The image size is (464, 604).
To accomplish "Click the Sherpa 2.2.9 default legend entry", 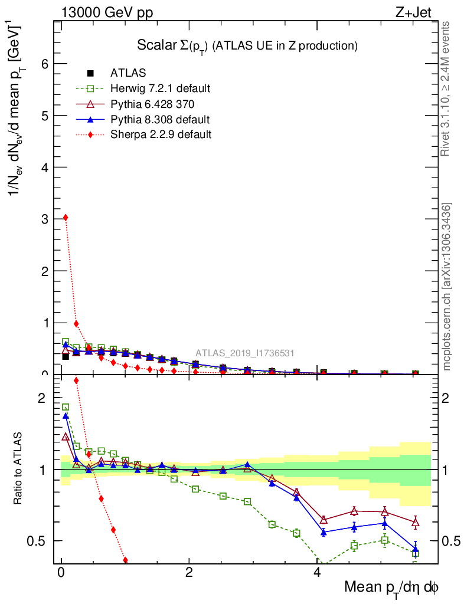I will pyautogui.click(x=161, y=134).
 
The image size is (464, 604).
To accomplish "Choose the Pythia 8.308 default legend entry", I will pyautogui.click(x=160, y=120).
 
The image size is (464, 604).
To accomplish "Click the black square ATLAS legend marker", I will pyautogui.click(x=90, y=74).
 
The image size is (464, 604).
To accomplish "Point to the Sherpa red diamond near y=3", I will pyautogui.click(x=66, y=218).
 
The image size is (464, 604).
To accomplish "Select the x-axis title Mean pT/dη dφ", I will pyautogui.click(x=391, y=587).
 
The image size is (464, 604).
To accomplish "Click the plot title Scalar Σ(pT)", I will pyautogui.click(x=248, y=45).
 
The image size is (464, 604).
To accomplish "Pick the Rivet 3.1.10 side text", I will pyautogui.click(x=445, y=89).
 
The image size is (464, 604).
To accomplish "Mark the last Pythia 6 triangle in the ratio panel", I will pyautogui.click(x=416, y=522).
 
